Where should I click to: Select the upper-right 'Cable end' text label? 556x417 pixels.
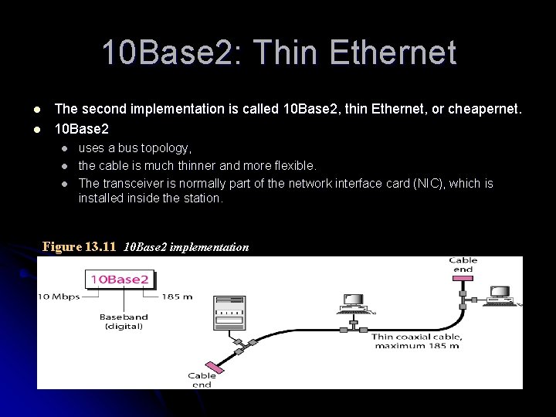[463, 264]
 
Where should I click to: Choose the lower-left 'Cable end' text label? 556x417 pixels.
[202, 381]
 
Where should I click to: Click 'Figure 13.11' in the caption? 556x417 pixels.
[79, 247]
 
